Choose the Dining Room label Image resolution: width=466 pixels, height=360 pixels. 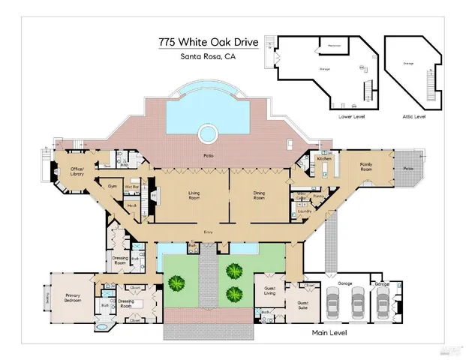tap(259, 196)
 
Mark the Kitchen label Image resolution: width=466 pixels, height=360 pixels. tap(323, 160)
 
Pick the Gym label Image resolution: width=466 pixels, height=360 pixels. tap(113, 184)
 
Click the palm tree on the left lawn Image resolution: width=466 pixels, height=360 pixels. tap(177, 283)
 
